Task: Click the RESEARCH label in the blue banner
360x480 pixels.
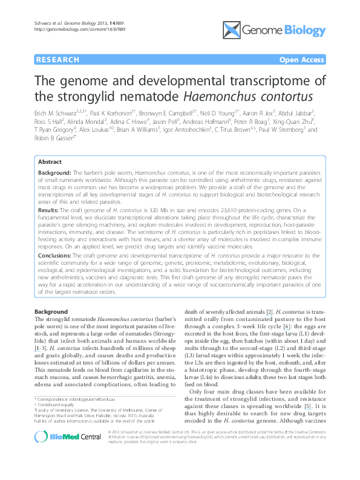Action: click(57, 60)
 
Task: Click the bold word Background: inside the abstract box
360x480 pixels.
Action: click(56, 172)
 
